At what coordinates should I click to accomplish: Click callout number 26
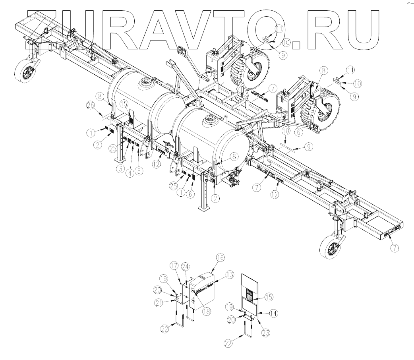(91, 106)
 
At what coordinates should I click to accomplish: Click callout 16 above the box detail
(220, 257)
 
